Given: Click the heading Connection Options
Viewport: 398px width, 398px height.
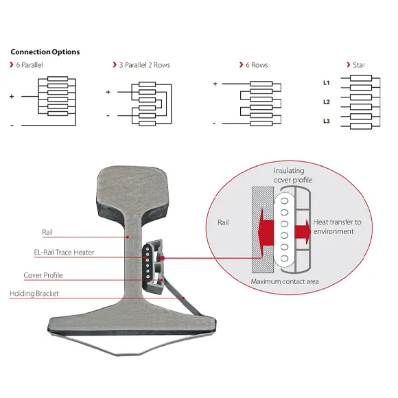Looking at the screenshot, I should click(45, 52).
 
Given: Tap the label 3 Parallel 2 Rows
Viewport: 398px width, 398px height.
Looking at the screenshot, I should click(143, 65).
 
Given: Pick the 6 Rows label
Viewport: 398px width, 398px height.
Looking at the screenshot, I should click(255, 65).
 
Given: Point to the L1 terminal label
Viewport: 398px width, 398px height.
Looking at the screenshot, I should click(327, 82).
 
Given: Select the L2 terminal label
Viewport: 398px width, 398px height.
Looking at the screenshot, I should click(327, 102).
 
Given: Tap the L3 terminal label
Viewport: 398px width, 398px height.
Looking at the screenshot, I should click(327, 121).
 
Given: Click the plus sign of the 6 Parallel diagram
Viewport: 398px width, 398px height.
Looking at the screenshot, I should click(12, 97).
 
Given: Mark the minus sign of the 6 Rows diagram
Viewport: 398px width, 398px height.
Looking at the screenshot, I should click(215, 124).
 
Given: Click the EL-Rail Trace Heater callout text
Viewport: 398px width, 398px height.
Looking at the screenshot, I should click(64, 253).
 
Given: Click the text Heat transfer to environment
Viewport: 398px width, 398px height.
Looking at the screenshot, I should click(337, 226).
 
